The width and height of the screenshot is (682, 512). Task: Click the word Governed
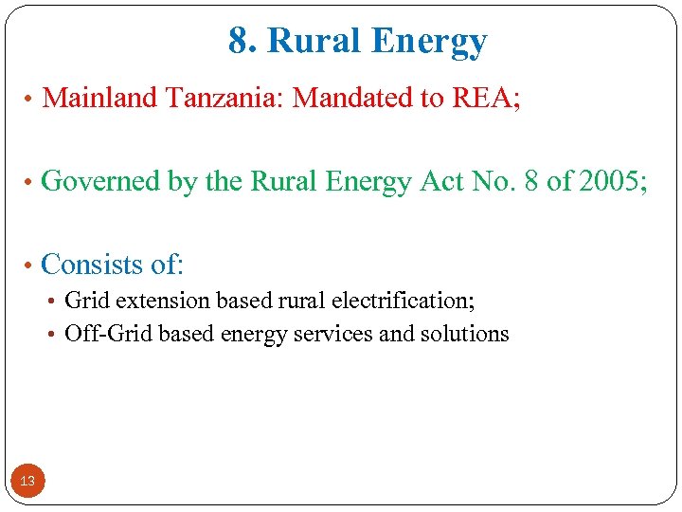[102, 181]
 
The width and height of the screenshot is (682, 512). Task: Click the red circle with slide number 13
[27, 482]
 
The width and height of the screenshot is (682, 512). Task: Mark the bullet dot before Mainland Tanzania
[31, 99]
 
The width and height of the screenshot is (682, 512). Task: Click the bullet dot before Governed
[31, 182]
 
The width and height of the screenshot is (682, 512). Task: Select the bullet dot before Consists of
[31, 265]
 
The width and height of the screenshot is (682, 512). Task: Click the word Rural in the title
[317, 42]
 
